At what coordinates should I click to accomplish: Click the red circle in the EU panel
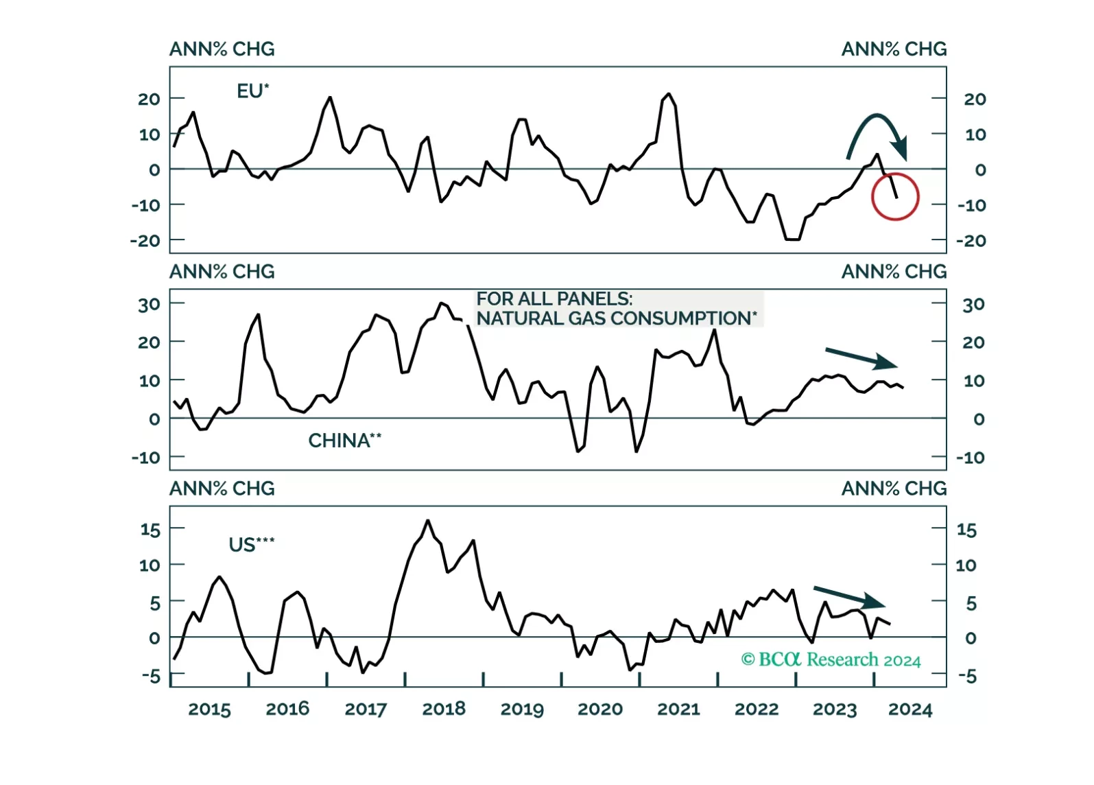894,197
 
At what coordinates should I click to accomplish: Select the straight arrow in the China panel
861,358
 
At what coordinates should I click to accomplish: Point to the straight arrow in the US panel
849,597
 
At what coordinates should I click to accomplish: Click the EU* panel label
252,91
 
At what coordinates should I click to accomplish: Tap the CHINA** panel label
344,441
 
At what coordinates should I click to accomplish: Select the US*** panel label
251,545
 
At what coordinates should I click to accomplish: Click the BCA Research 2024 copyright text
831,660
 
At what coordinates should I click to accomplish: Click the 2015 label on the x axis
209,710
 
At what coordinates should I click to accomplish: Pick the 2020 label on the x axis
600,710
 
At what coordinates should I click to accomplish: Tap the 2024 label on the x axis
910,710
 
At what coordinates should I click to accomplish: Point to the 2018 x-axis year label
444,710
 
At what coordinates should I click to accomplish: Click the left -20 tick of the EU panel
145,241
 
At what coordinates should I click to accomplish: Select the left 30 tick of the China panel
149,305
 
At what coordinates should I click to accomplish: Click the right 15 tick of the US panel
966,530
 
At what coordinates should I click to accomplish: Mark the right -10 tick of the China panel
971,458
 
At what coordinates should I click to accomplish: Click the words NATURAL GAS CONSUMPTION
617,318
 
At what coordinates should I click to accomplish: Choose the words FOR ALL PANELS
554,299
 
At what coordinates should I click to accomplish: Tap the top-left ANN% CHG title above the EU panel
222,49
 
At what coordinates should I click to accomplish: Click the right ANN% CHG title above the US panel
894,489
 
